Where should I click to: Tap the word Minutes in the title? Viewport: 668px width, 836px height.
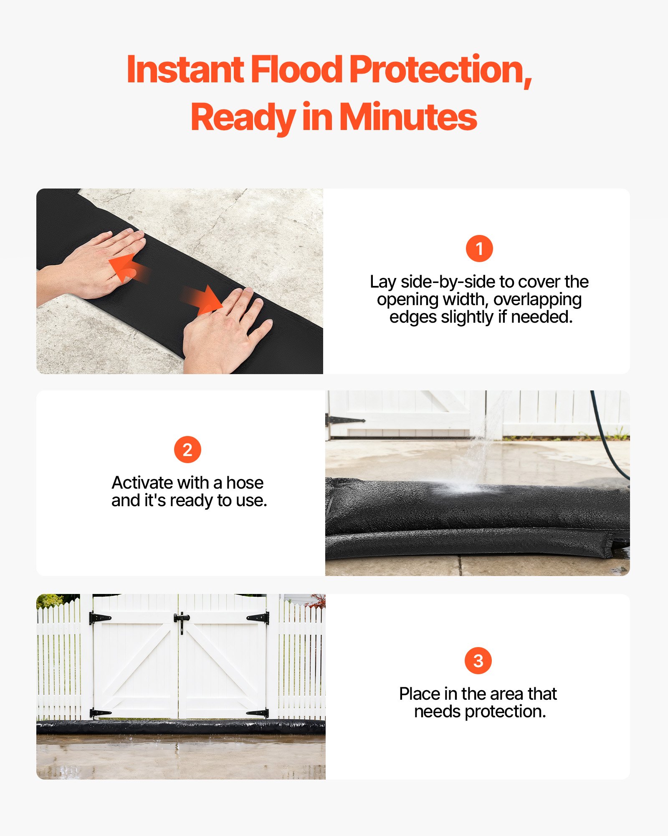408,117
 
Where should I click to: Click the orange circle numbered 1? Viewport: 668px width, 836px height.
479,249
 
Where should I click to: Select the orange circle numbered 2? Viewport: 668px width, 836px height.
187,450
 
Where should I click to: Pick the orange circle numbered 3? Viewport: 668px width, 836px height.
478,661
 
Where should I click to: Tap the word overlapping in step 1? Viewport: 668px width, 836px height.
537,299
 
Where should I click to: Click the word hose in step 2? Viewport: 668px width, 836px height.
245,483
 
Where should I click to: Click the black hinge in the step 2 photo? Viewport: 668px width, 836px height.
345,420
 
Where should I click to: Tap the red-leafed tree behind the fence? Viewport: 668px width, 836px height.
319,601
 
